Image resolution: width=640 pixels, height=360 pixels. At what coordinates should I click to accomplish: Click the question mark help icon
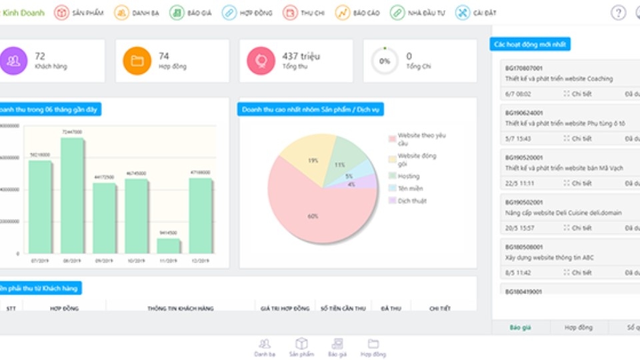(x=618, y=13)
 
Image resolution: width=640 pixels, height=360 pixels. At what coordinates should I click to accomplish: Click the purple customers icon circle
(x=13, y=61)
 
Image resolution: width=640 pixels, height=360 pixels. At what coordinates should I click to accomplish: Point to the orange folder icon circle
(x=137, y=61)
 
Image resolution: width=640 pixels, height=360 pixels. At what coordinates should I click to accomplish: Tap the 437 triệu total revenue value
(x=299, y=56)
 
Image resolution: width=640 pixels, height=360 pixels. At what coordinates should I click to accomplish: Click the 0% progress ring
(x=385, y=61)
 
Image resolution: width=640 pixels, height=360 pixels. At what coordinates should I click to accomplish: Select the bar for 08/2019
(x=72, y=195)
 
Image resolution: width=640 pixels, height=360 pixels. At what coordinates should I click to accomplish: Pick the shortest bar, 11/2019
(x=168, y=245)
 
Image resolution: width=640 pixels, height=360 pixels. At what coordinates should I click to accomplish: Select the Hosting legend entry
(x=408, y=177)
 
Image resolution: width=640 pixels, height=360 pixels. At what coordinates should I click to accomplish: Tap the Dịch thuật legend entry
(x=411, y=201)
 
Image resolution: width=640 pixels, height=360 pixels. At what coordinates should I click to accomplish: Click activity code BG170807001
(x=524, y=68)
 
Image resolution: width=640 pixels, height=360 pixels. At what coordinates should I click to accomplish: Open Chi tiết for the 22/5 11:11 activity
(x=577, y=183)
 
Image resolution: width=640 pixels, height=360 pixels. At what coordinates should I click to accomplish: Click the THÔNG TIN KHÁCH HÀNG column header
(x=180, y=309)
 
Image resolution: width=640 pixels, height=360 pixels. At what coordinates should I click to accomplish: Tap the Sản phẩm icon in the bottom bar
(x=301, y=347)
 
